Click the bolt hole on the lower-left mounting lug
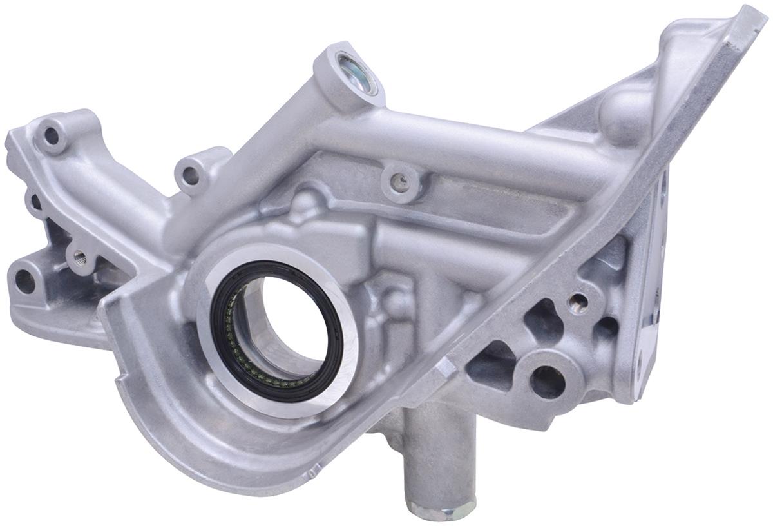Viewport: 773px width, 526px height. pyautogui.click(x=25, y=281)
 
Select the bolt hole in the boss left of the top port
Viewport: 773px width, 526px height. pyautogui.click(x=190, y=173)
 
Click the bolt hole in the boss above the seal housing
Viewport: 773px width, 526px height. pyautogui.click(x=400, y=182)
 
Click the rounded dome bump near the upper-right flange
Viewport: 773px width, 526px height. pyautogui.click(x=622, y=116)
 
